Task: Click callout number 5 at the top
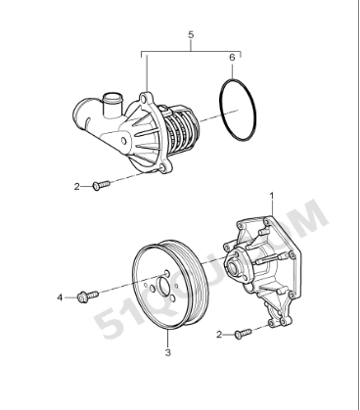coord(190,36)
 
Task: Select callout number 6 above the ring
coord(232,58)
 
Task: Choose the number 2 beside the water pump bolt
coord(219,334)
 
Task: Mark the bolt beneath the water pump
coord(241,334)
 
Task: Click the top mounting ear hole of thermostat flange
coord(145,99)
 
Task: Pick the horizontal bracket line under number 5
coord(190,51)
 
